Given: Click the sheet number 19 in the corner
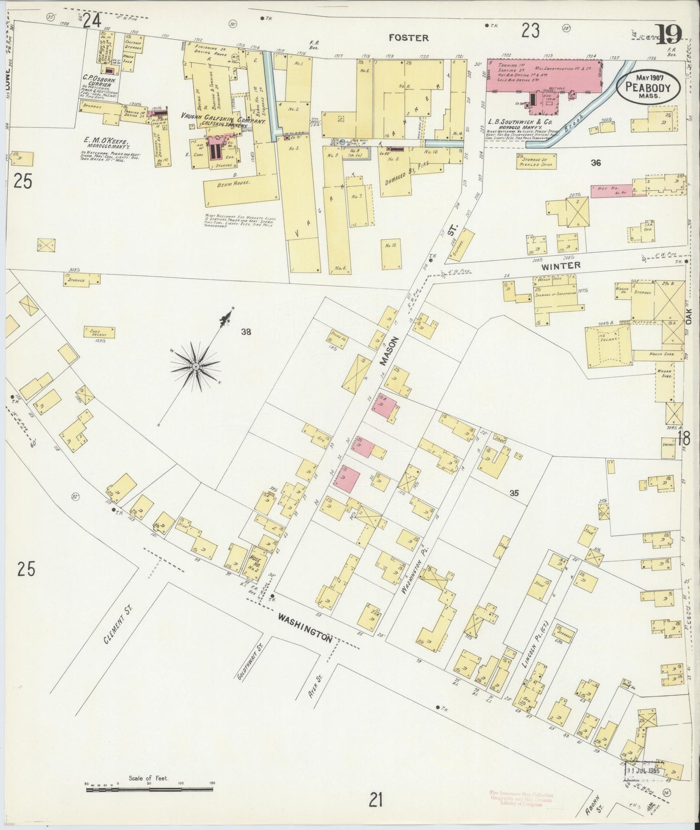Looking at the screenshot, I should pos(669,34).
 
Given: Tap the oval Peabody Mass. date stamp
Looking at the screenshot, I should pos(648,88).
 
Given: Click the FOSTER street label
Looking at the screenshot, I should pos(408,38).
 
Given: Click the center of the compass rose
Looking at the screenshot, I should pos(195,367).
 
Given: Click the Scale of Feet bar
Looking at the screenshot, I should pos(149,790).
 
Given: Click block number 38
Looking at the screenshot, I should pos(246,332).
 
